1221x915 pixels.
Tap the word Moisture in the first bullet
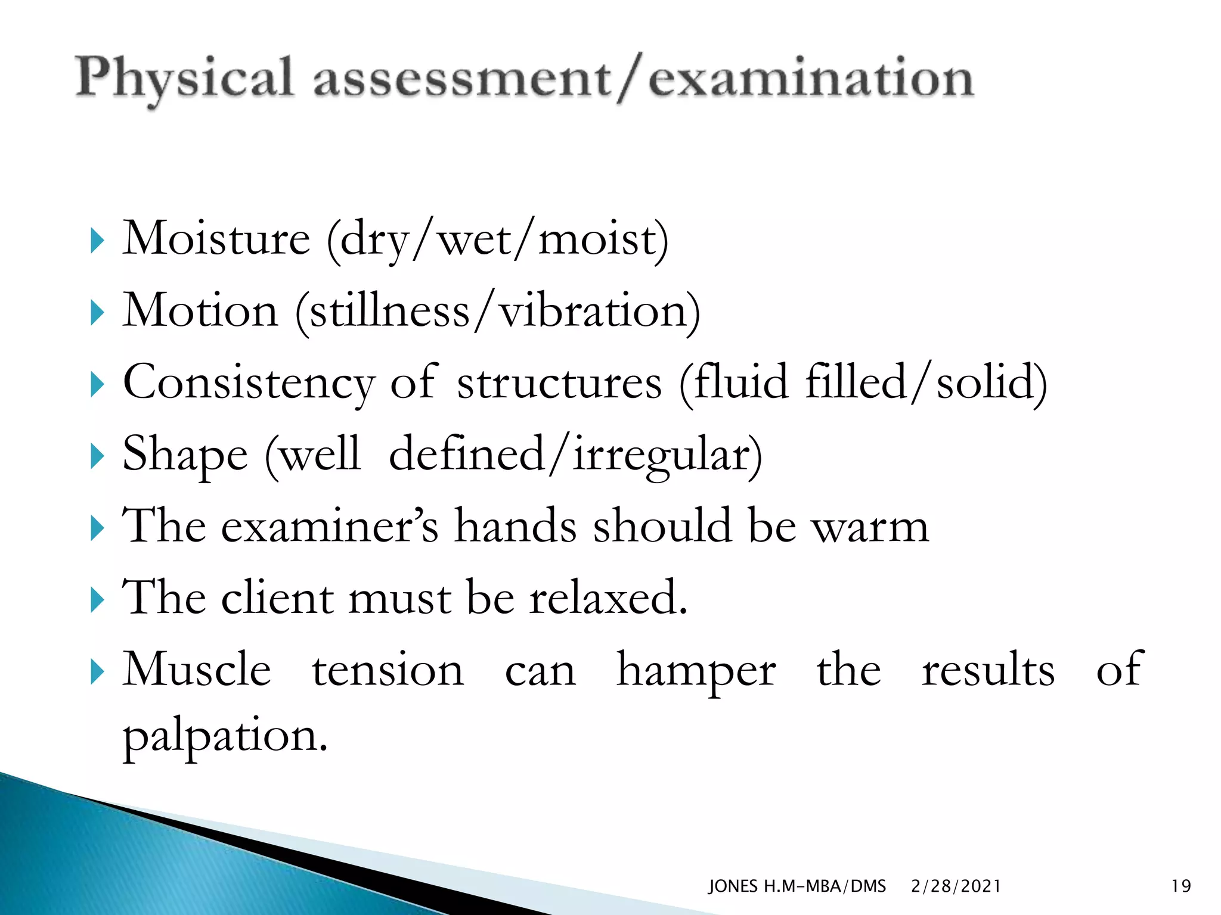[216, 239]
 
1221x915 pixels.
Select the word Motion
[200, 311]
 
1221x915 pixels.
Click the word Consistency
[249, 383]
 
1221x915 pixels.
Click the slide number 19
[1181, 886]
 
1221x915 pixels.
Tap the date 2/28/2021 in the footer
[956, 886]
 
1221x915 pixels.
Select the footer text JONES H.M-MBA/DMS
[797, 886]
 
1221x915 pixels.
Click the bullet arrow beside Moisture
[97, 241]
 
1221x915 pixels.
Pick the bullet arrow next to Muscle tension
[97, 673]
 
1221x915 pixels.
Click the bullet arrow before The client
[97, 600]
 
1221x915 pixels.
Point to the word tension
[388, 670]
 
